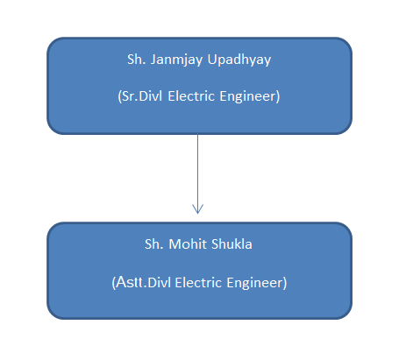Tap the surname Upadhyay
coord(239,60)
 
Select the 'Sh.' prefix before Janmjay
coord(137,60)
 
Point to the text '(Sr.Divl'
coord(140,96)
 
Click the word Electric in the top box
coord(191,96)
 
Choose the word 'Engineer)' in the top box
coord(250,96)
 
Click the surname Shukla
coord(231,244)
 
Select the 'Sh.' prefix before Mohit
coord(154,244)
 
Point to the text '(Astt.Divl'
coord(141,282)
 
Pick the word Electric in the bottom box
coord(198,283)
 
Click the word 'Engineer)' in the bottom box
coord(257,283)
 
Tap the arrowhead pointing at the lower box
coord(197,209)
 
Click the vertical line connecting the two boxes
coord(197,174)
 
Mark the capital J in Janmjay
coord(153,60)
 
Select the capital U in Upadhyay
coord(211,60)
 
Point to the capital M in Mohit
coord(174,244)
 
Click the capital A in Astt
coord(121,282)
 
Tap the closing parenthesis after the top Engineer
coord(278,96)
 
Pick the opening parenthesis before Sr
coord(119,96)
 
